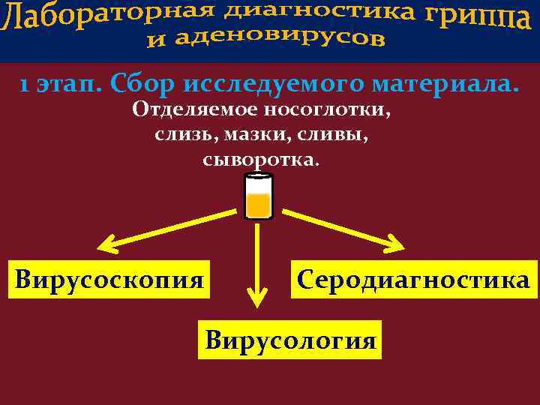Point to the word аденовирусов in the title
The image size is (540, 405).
pyautogui.click(x=278, y=38)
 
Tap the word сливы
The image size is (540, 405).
pyautogui.click(x=335, y=135)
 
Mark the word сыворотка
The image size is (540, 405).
pyautogui.click(x=260, y=160)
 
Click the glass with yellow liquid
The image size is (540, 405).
pyautogui.click(x=259, y=196)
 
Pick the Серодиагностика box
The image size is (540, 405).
pyautogui.click(x=414, y=280)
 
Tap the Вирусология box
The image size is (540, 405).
pyautogui.click(x=290, y=340)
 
